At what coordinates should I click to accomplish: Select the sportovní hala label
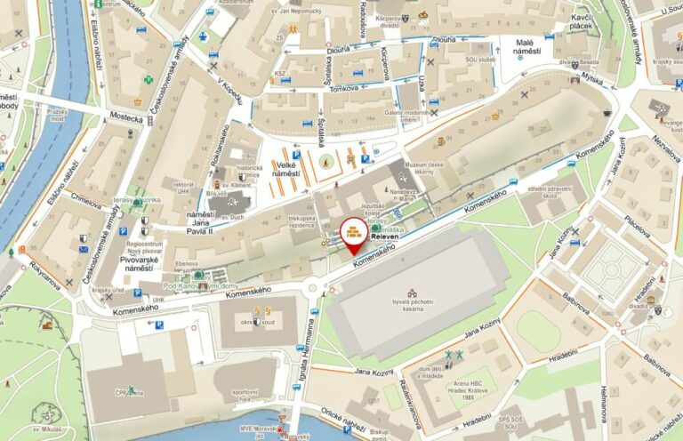(245, 395)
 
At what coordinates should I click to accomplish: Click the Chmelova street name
(86, 203)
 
